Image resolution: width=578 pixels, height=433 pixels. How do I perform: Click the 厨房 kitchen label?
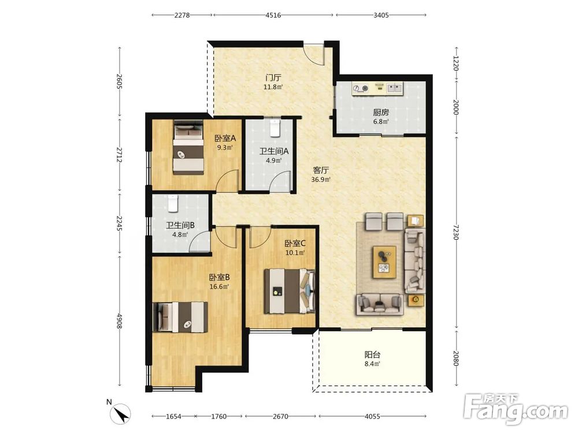[x=381, y=113]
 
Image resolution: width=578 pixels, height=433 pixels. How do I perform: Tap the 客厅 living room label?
[x=321, y=170]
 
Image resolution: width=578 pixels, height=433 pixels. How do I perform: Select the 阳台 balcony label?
[x=372, y=354]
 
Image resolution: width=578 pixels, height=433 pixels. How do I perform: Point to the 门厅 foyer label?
[x=273, y=78]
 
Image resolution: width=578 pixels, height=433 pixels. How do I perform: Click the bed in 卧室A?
[x=188, y=148]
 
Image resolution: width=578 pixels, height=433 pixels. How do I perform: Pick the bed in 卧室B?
[x=180, y=317]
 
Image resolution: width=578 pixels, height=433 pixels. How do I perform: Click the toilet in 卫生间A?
[x=275, y=128]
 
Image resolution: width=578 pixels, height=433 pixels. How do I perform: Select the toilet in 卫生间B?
[x=173, y=204]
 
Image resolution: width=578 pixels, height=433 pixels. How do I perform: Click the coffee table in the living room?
[x=384, y=262]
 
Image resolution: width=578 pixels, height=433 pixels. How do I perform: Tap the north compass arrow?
[x=121, y=413]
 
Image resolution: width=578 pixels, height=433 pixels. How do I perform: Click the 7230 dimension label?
[x=457, y=232]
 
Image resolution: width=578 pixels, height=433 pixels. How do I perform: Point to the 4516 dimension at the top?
[x=273, y=15]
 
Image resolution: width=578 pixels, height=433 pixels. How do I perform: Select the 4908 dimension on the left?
[x=119, y=321]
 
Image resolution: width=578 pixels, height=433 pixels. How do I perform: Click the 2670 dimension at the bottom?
[x=280, y=416]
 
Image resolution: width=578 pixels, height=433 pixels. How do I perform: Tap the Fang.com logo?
[x=516, y=408]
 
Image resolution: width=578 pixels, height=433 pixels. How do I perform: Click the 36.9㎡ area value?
[x=321, y=180]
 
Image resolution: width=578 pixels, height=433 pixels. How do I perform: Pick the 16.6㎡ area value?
[x=219, y=286]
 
